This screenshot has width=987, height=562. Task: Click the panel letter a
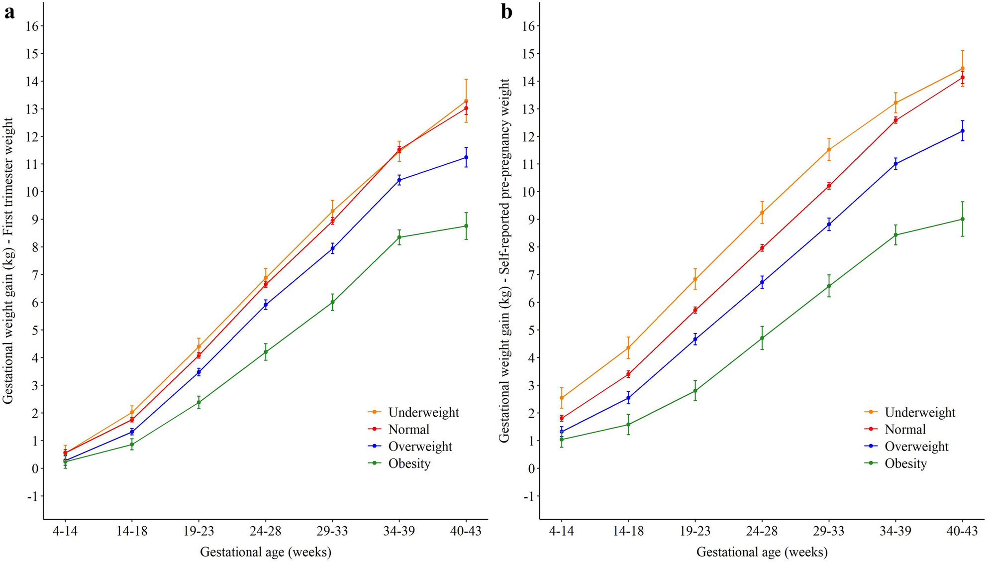[x=9, y=12]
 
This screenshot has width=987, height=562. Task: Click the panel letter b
[x=506, y=12]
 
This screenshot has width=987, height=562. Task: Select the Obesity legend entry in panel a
[x=409, y=463]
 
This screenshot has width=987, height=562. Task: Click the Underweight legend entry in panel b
[x=920, y=412]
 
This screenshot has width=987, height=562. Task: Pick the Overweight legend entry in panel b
[x=916, y=447]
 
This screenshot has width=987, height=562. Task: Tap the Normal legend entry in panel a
[x=408, y=429]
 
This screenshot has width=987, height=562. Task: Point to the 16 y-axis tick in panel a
[x=32, y=26]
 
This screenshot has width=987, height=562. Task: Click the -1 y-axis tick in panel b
[x=528, y=496]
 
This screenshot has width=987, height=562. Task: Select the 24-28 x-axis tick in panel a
[x=265, y=531]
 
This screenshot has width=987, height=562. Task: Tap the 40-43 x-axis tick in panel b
[x=962, y=531]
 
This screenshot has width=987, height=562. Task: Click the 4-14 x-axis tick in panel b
[x=561, y=531]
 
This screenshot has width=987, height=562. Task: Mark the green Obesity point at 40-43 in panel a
[x=466, y=226]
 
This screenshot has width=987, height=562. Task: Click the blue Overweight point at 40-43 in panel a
[x=466, y=157]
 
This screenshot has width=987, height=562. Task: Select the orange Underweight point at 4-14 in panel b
[x=562, y=398]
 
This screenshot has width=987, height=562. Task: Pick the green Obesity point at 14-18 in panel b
[x=628, y=425]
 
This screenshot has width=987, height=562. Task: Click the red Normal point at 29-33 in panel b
[x=829, y=186]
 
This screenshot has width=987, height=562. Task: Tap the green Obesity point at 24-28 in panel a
[x=266, y=352]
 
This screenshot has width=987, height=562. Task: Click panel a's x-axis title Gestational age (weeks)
[x=266, y=552]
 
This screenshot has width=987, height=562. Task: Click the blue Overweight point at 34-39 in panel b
[x=895, y=164]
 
